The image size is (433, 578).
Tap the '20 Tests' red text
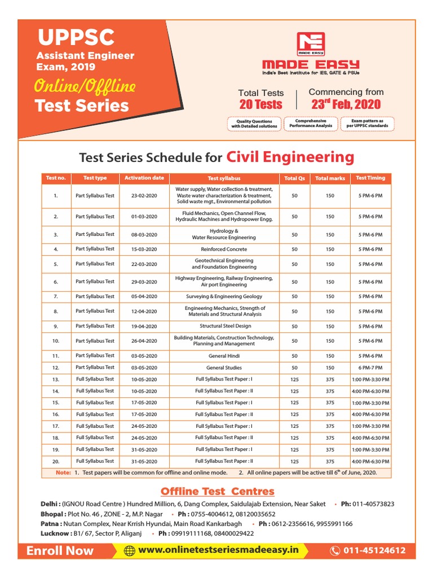pos(260,104)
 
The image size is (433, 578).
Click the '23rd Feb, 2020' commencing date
pos(346,104)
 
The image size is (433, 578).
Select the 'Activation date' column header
pos(144,178)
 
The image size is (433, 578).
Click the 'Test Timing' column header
pos(370,178)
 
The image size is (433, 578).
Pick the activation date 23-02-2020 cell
pos(144,196)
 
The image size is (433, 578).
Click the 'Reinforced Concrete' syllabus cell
pos(224,249)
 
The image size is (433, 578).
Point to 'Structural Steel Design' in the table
pos(224,326)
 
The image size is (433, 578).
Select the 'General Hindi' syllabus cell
pos(224,356)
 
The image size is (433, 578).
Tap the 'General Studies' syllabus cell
pos(224,367)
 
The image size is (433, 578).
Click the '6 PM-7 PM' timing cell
pos(370,367)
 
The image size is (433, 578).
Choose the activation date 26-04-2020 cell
pos(144,341)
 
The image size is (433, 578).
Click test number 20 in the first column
pos(56,461)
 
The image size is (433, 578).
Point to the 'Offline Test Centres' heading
pos(217,492)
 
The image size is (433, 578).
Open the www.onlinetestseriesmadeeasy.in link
pos(218,550)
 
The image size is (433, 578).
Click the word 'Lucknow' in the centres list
pos(55,533)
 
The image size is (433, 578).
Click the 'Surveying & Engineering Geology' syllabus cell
pos(224,296)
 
